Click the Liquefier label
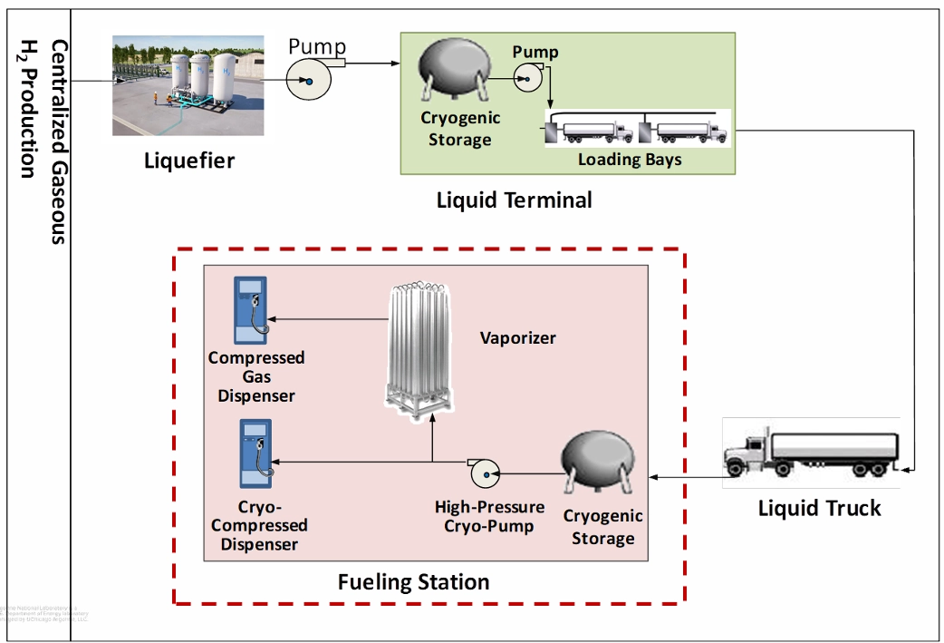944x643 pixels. (189, 161)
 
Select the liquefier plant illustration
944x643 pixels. (188, 85)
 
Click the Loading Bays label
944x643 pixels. (630, 160)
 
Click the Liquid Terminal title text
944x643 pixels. (514, 200)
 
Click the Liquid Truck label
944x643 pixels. (819, 508)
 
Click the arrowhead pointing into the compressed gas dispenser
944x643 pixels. (275, 319)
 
